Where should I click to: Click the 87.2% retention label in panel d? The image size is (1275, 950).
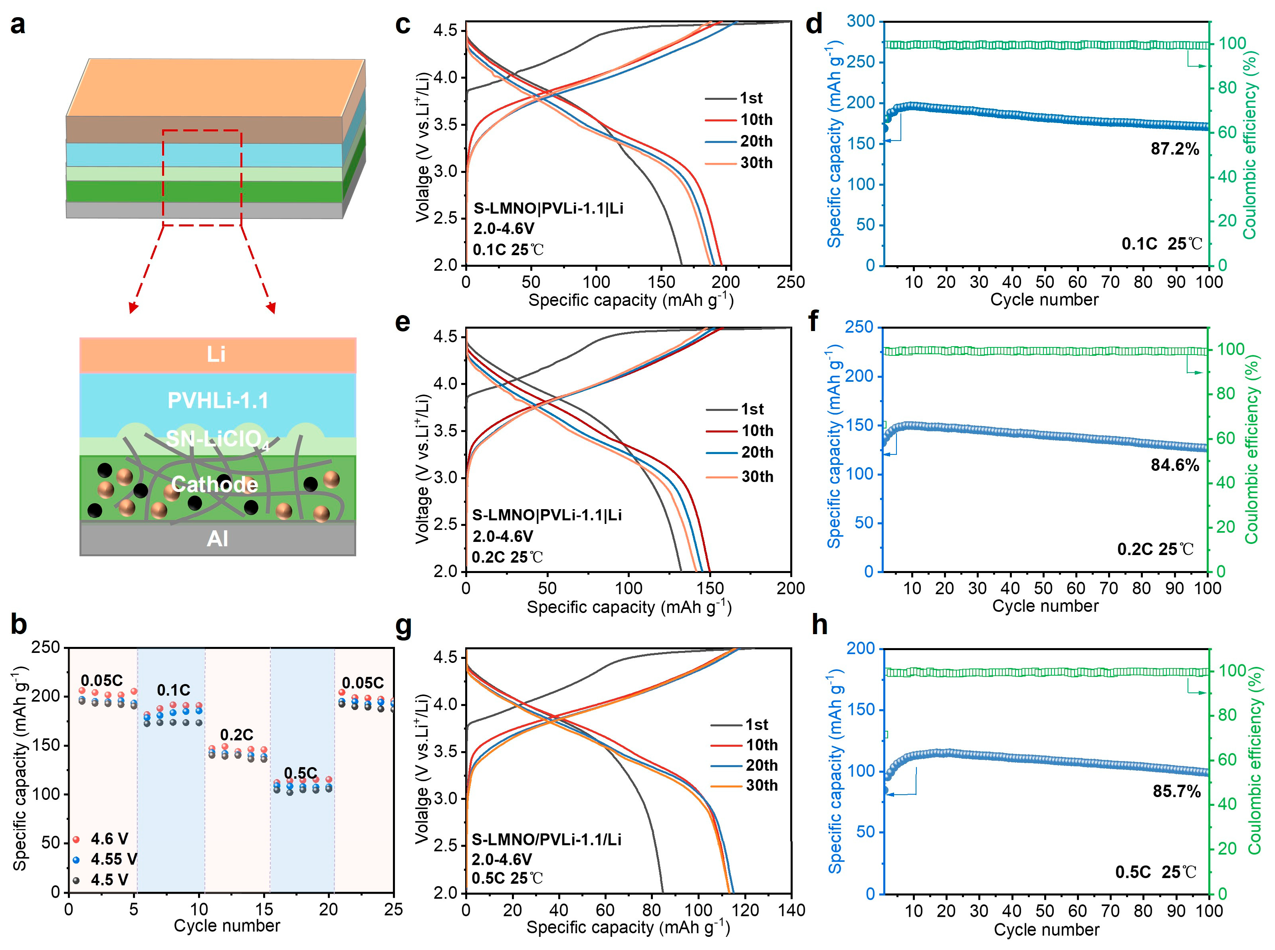click(1174, 149)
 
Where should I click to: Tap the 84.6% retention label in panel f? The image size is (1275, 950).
click(1174, 465)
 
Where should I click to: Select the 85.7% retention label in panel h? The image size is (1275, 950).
click(1176, 791)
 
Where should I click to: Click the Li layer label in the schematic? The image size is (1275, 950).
click(216, 354)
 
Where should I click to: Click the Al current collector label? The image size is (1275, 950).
click(217, 539)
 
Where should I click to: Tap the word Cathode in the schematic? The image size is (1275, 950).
click(214, 484)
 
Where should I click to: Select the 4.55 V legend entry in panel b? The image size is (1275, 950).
click(113, 859)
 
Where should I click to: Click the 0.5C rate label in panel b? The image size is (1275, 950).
click(300, 773)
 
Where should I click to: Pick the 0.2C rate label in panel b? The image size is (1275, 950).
click(236, 735)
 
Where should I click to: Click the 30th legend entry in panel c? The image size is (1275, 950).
click(755, 163)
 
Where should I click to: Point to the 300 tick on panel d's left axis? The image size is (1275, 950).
click(861, 21)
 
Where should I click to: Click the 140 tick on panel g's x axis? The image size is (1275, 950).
click(791, 910)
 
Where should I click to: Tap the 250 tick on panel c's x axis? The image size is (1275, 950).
click(790, 282)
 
